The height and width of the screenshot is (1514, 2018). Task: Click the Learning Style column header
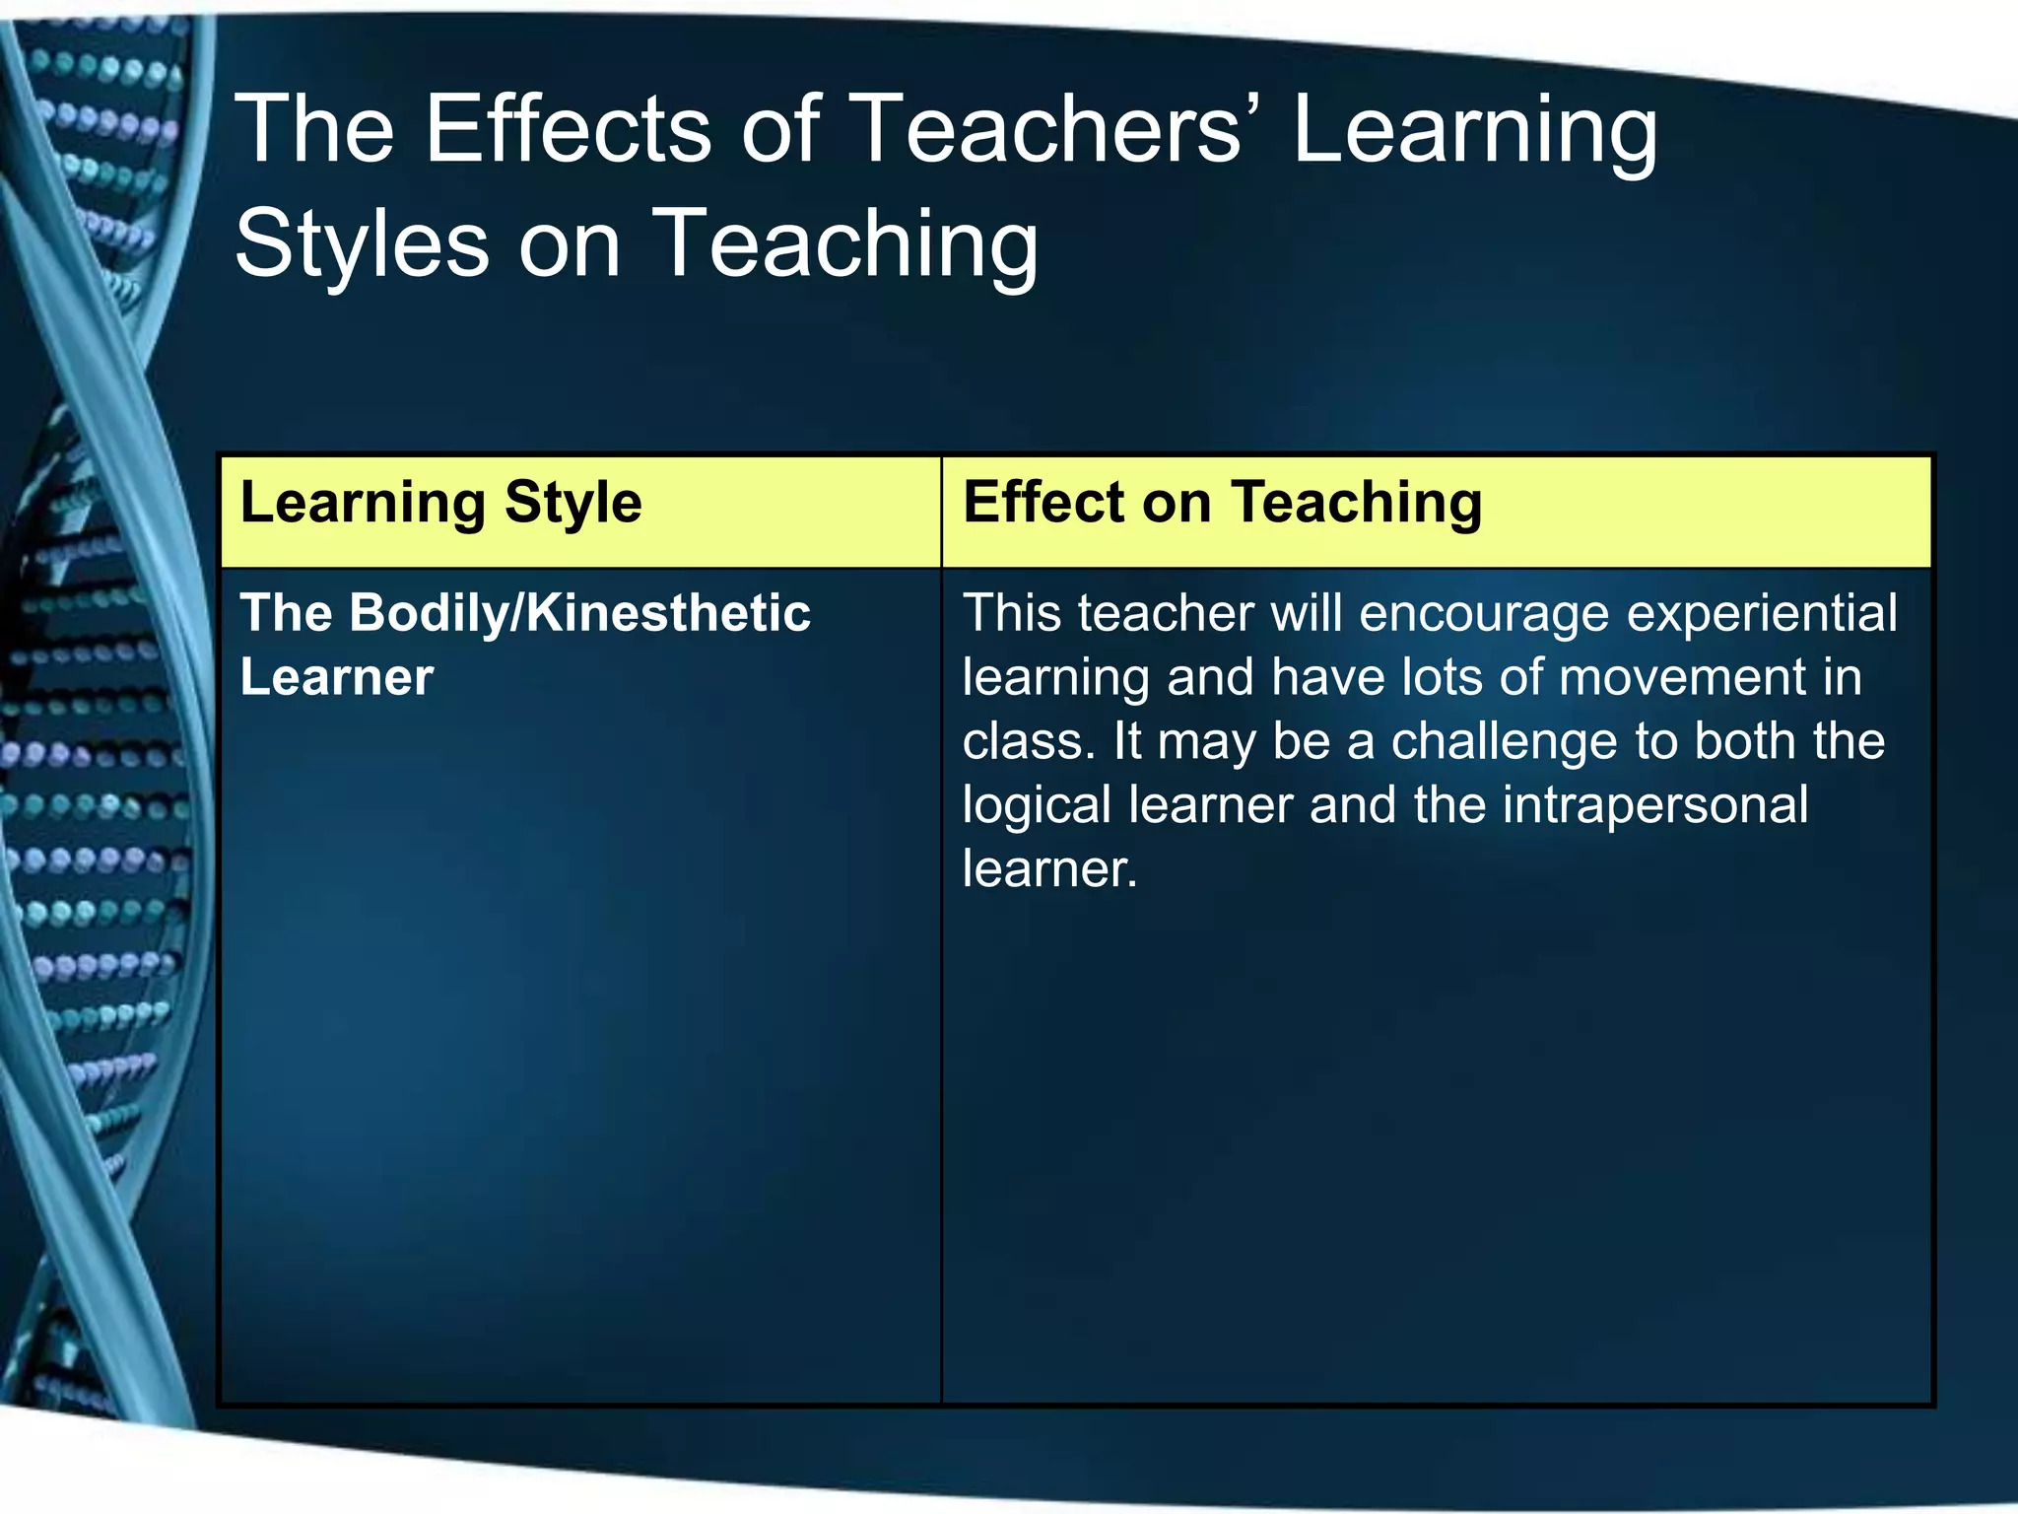440,503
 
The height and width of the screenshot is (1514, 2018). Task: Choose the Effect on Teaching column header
1222,503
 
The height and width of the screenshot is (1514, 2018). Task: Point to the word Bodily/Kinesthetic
579,613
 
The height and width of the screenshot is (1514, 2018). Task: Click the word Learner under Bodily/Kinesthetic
336,678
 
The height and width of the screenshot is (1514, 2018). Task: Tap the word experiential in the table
1761,613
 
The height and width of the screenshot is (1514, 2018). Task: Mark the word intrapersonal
1655,805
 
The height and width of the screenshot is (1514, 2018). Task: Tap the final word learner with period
1049,869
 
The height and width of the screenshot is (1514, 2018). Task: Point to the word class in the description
1025,741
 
